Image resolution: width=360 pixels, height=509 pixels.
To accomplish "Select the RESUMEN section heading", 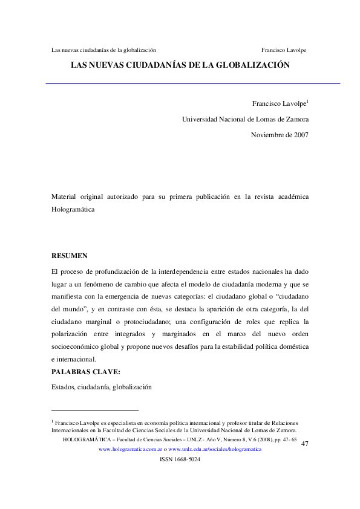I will point(70,256).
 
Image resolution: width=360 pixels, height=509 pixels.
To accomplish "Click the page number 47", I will point(304,444).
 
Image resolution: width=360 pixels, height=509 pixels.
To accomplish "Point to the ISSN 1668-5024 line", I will point(179,459).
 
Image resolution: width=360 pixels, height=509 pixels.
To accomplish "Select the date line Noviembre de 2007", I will point(280,135).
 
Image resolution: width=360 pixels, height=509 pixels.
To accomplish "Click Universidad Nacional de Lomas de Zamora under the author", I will point(245,119).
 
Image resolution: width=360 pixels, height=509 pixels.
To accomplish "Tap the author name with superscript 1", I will point(281,103).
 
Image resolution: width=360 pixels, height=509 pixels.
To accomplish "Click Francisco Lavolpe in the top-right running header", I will point(283,50).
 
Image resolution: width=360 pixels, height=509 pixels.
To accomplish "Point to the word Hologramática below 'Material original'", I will point(74,209).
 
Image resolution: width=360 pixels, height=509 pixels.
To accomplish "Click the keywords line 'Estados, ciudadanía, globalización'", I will point(101,386).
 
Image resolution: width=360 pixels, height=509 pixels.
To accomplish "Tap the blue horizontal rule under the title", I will point(192,83).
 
